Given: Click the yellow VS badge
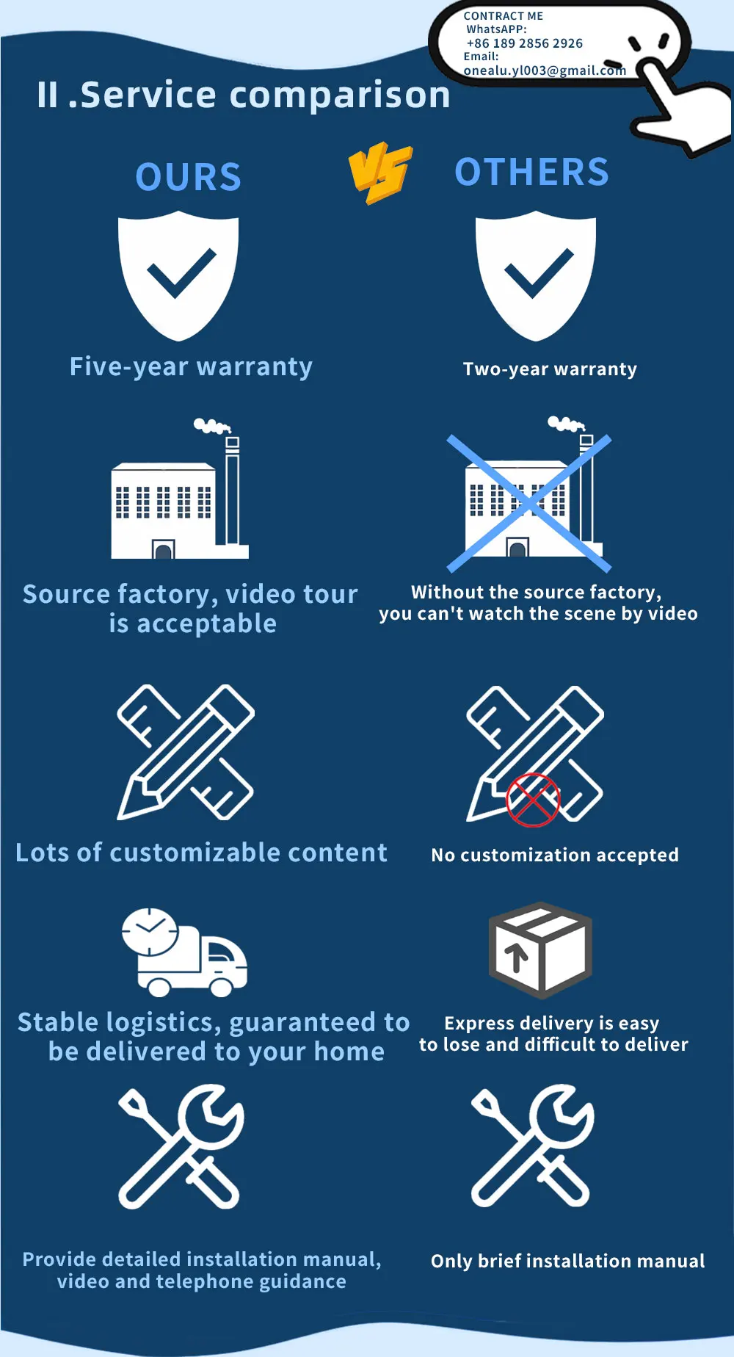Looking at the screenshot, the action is tap(379, 173).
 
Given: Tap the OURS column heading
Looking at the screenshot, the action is tap(189, 177).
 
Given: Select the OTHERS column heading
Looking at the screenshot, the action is tap(532, 172).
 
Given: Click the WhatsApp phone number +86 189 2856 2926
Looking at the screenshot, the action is tap(525, 43).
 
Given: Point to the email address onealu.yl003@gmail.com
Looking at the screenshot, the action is tap(545, 70).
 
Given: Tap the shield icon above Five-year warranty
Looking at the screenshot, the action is tap(179, 275).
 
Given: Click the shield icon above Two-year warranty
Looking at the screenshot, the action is tap(536, 275).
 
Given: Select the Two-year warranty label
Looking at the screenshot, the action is tap(550, 369).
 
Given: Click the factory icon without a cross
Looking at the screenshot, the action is tap(179, 489).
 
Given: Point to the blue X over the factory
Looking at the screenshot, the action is tap(529, 503).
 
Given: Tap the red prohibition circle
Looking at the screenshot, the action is tap(533, 800).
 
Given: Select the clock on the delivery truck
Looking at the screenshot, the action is tap(150, 932).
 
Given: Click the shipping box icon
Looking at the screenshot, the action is tap(540, 950).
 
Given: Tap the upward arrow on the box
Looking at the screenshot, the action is tap(517, 957).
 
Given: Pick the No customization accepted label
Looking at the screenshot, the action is tap(555, 855).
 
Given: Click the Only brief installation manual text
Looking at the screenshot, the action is tap(567, 1261).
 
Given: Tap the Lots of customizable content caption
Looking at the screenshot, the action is tap(201, 852).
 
